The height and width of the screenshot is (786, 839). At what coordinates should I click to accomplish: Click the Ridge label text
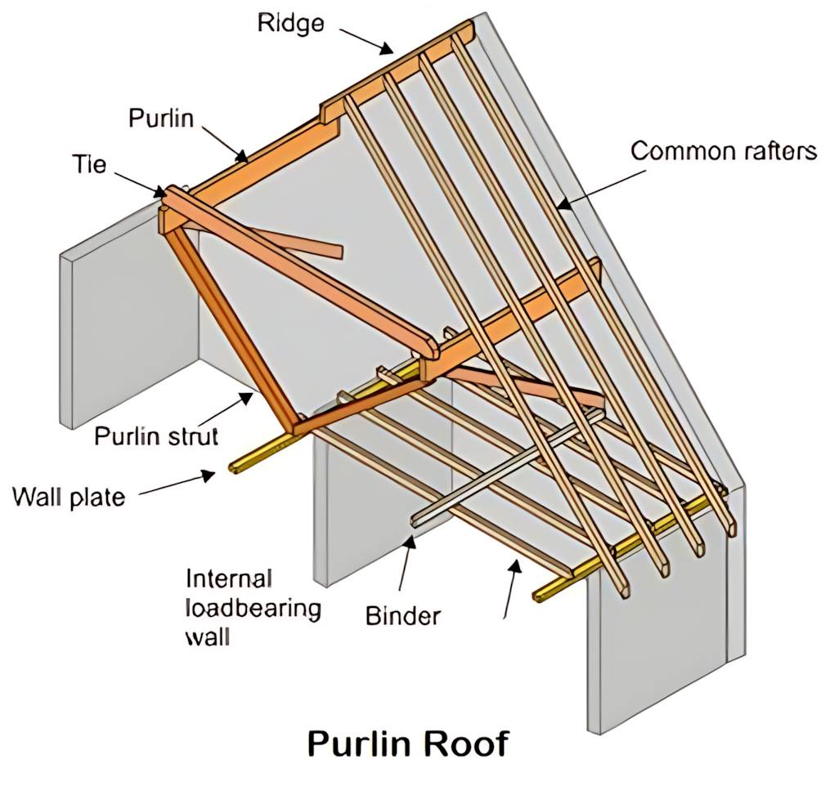(x=290, y=24)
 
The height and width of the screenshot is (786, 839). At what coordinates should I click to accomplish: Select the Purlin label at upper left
(x=161, y=118)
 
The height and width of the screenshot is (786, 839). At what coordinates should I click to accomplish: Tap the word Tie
(x=89, y=164)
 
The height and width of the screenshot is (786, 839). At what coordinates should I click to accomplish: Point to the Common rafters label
(x=724, y=151)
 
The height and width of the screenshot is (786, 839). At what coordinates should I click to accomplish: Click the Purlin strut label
(x=156, y=437)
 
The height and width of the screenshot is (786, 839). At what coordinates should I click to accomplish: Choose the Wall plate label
(x=69, y=498)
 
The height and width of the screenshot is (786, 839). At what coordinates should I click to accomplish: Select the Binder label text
(x=402, y=616)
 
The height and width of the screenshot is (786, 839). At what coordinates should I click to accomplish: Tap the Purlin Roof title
(x=408, y=744)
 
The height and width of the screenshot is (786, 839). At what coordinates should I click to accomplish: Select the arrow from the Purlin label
(x=225, y=143)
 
